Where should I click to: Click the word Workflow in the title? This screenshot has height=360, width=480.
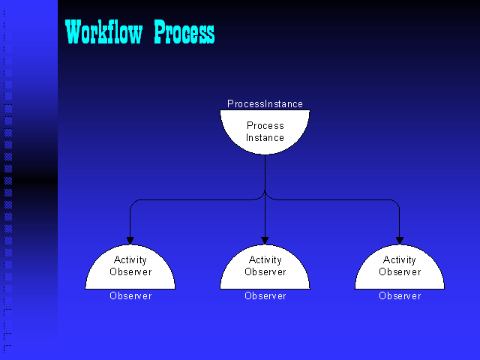[104, 32]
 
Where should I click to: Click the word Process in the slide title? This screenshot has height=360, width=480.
[184, 32]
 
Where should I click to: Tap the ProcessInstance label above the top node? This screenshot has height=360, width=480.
[265, 104]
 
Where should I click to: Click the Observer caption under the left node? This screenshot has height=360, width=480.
[130, 296]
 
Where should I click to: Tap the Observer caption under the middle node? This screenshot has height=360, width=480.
[265, 296]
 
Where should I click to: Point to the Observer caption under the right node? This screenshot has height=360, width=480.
[400, 296]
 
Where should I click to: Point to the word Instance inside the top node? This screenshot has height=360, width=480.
[265, 138]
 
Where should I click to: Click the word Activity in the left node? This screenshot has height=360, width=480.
[130, 260]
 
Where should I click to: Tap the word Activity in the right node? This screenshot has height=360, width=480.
[400, 260]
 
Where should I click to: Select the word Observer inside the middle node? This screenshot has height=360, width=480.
[265, 272]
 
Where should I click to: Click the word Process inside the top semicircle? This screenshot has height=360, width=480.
[265, 126]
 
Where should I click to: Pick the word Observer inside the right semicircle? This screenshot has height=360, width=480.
[400, 272]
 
